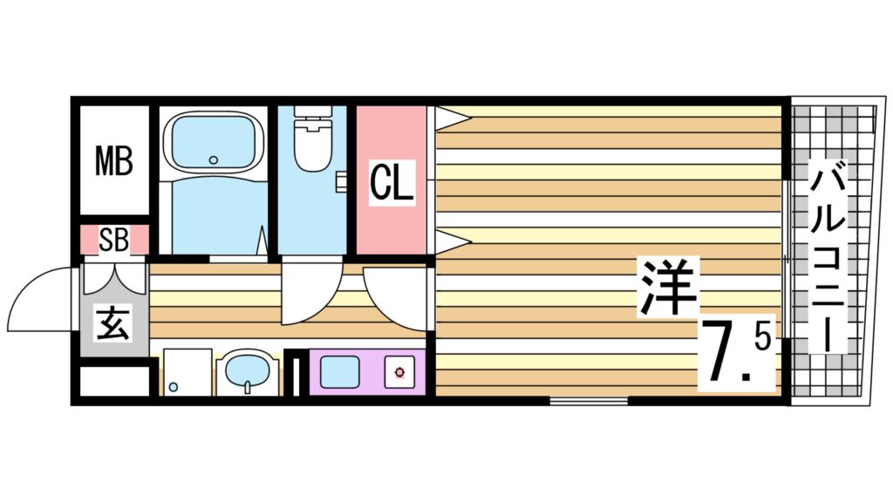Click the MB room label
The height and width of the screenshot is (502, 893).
[x=114, y=160]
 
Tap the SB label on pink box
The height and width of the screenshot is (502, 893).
[x=113, y=241]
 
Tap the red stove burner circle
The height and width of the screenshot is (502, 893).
[x=399, y=373]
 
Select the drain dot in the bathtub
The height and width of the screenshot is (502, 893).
[x=214, y=159]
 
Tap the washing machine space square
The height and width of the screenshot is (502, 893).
[x=187, y=372]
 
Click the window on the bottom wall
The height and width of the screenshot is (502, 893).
[x=589, y=401]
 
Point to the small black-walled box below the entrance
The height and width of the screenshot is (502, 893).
[x=114, y=381]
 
